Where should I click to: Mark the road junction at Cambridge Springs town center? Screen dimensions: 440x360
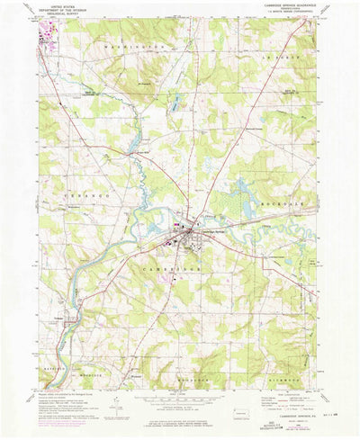[188, 236]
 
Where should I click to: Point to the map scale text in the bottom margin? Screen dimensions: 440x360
[179, 396]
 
